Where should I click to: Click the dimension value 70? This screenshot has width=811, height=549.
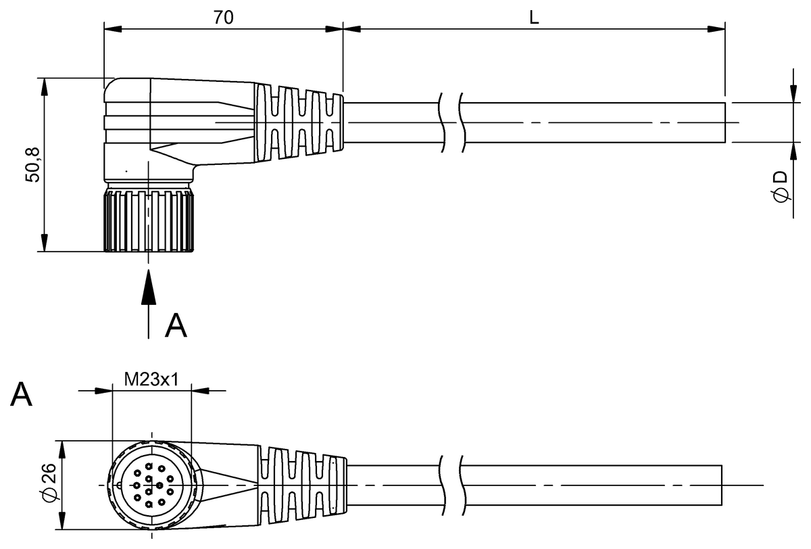[224, 18]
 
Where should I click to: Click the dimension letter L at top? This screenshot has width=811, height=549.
[534, 18]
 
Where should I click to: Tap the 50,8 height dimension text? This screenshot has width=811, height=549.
[32, 165]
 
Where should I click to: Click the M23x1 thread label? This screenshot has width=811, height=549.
[151, 379]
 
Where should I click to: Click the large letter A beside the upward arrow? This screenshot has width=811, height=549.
[176, 325]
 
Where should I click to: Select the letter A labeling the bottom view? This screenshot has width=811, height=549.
[22, 394]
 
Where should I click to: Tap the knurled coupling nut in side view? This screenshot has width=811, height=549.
[148, 221]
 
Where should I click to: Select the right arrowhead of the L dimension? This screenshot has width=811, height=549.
[716, 29]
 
